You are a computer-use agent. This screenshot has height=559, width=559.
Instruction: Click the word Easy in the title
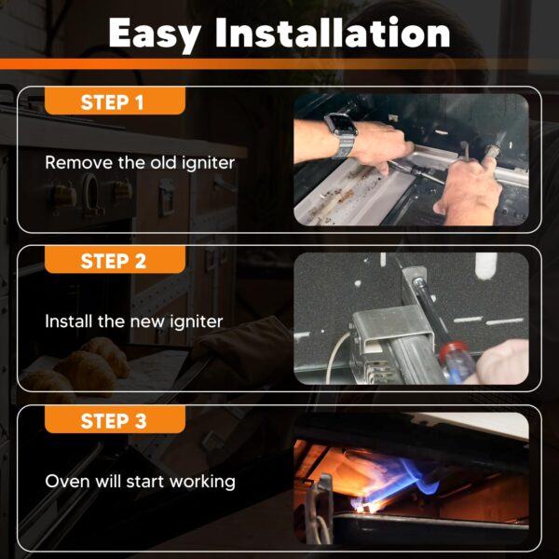(x=155, y=34)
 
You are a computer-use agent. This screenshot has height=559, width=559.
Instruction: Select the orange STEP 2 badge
(x=115, y=260)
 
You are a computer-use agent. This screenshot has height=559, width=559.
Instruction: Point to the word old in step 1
(x=163, y=162)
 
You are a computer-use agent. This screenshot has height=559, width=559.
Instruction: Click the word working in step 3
(x=202, y=482)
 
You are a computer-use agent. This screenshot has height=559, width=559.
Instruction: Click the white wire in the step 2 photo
(x=334, y=357)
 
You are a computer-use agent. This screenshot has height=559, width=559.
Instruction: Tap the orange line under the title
(x=279, y=63)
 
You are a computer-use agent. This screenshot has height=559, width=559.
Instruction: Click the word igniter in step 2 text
(x=196, y=322)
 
